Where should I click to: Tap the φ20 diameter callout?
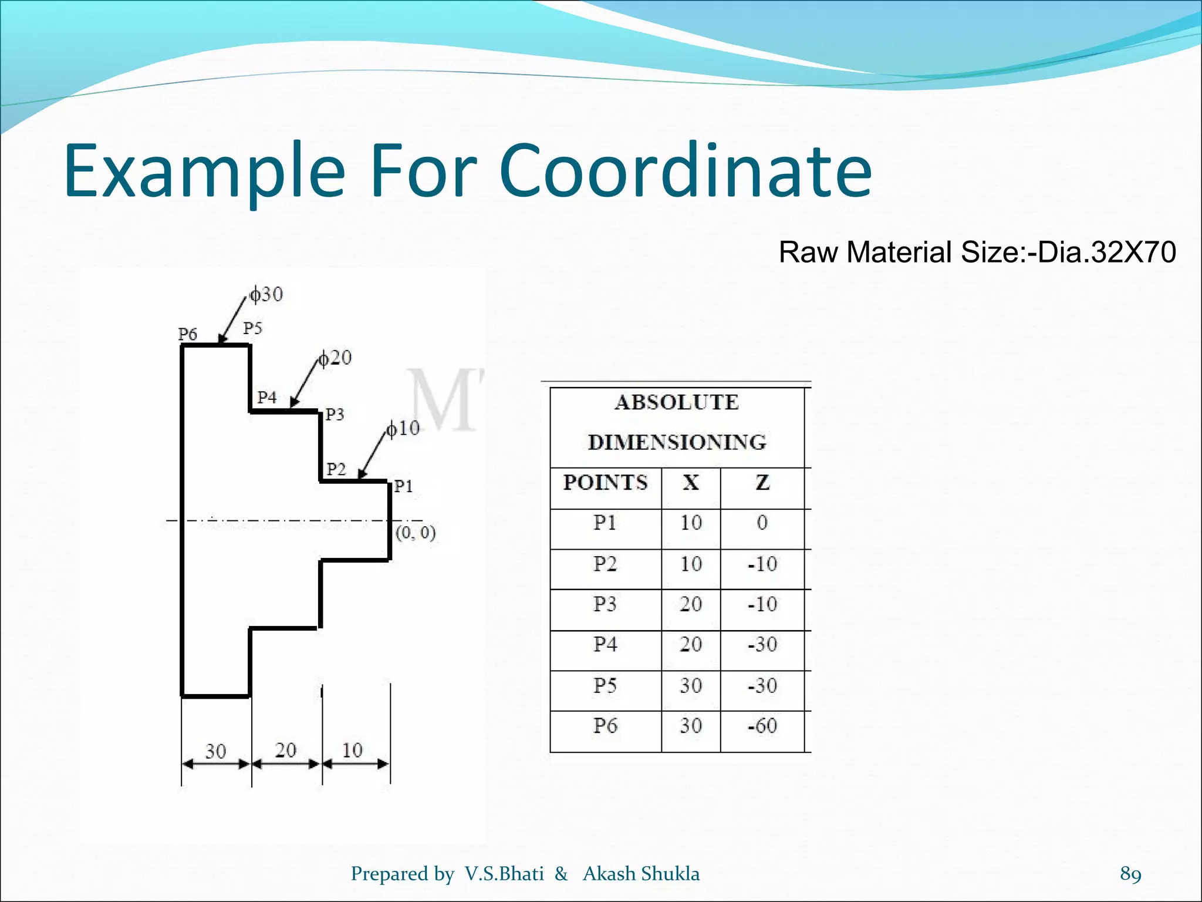[335, 358]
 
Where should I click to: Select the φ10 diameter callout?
[403, 429]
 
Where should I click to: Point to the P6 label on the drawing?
[187, 334]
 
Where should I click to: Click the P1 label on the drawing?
[403, 486]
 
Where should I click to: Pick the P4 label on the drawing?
[267, 398]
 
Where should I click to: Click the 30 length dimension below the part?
[215, 751]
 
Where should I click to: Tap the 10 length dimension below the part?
[352, 750]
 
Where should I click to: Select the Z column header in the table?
[762, 483]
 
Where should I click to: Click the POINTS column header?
[605, 483]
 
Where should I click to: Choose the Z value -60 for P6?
[762, 726]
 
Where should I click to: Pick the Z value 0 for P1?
[762, 523]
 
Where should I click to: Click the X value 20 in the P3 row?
[691, 604]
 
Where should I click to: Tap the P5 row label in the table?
[605, 685]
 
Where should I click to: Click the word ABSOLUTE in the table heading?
[677, 402]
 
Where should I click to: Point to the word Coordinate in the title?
[686, 170]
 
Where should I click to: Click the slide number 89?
[1130, 873]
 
